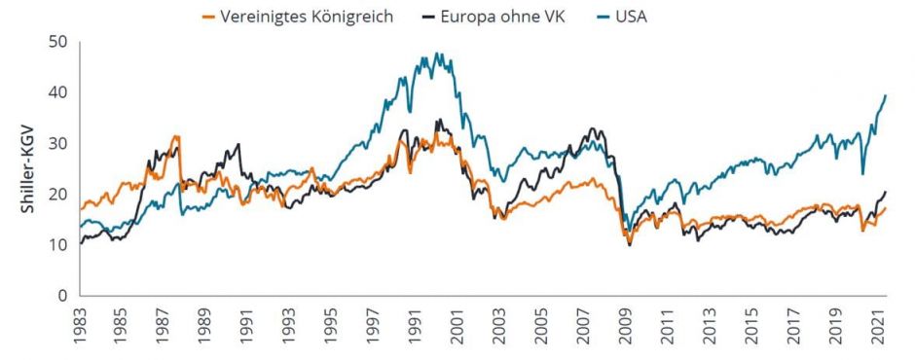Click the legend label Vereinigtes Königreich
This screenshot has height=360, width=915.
308,18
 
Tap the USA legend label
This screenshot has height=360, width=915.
631,18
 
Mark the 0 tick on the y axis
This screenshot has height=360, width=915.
62,295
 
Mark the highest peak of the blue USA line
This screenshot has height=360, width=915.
436,54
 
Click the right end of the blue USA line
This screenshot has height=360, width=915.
886,94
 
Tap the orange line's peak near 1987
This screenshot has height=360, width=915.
176,136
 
